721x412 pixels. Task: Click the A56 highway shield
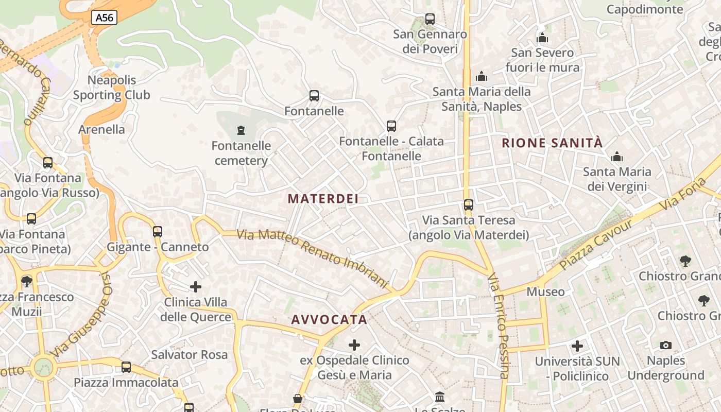pyautogui.click(x=105, y=18)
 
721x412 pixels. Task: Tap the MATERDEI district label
pyautogui.click(x=323, y=199)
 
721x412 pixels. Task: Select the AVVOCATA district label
pyautogui.click(x=329, y=320)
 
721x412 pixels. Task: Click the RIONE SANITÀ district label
pyautogui.click(x=552, y=143)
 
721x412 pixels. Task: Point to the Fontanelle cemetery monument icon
pyautogui.click(x=241, y=130)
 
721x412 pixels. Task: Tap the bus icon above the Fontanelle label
pyautogui.click(x=314, y=96)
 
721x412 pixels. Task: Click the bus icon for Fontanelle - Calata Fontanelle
pyautogui.click(x=391, y=126)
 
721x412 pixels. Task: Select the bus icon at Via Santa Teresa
pyautogui.click(x=468, y=205)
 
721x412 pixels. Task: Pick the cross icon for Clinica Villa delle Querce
pyautogui.click(x=196, y=287)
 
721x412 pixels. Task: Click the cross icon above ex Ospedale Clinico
pyautogui.click(x=354, y=345)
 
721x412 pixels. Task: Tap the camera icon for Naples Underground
pyautogui.click(x=666, y=345)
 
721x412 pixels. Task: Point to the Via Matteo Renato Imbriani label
pyautogui.click(x=312, y=258)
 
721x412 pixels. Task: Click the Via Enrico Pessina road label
pyautogui.click(x=499, y=327)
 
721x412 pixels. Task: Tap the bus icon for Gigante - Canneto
pyautogui.click(x=158, y=232)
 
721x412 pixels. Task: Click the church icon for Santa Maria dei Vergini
pyautogui.click(x=616, y=157)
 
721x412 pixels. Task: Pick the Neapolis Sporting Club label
pyautogui.click(x=111, y=88)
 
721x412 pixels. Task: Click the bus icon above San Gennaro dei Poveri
pyautogui.click(x=430, y=20)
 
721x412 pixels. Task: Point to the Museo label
pyautogui.click(x=545, y=292)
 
